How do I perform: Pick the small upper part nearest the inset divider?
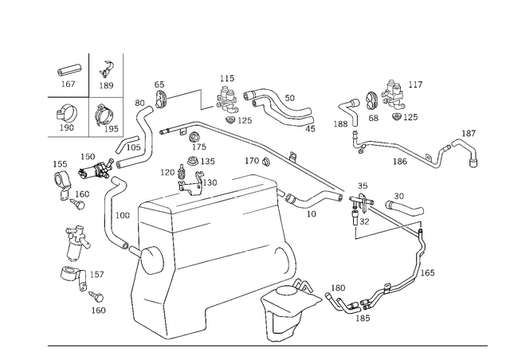104,74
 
